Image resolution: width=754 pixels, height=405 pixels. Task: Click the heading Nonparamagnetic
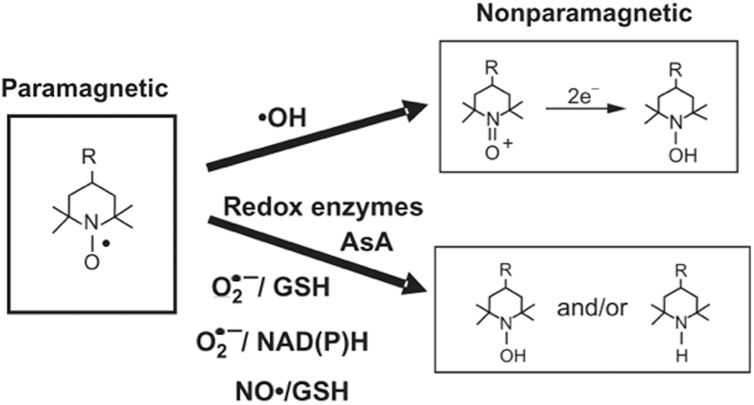(x=584, y=14)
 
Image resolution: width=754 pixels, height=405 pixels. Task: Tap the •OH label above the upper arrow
(x=282, y=118)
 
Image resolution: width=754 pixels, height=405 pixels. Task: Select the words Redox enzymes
(x=323, y=207)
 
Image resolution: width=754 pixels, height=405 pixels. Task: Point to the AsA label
(x=366, y=243)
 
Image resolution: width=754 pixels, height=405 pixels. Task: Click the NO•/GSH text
(x=292, y=391)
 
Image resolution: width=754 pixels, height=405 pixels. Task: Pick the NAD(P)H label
(x=313, y=342)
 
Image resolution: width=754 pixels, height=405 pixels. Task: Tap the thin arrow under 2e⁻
(x=586, y=109)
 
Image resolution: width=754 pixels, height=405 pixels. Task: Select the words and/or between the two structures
(x=592, y=308)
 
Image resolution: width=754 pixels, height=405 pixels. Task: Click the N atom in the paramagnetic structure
(x=91, y=223)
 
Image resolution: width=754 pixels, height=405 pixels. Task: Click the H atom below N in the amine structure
(x=682, y=357)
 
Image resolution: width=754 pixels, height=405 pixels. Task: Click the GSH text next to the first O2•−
(x=302, y=287)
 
